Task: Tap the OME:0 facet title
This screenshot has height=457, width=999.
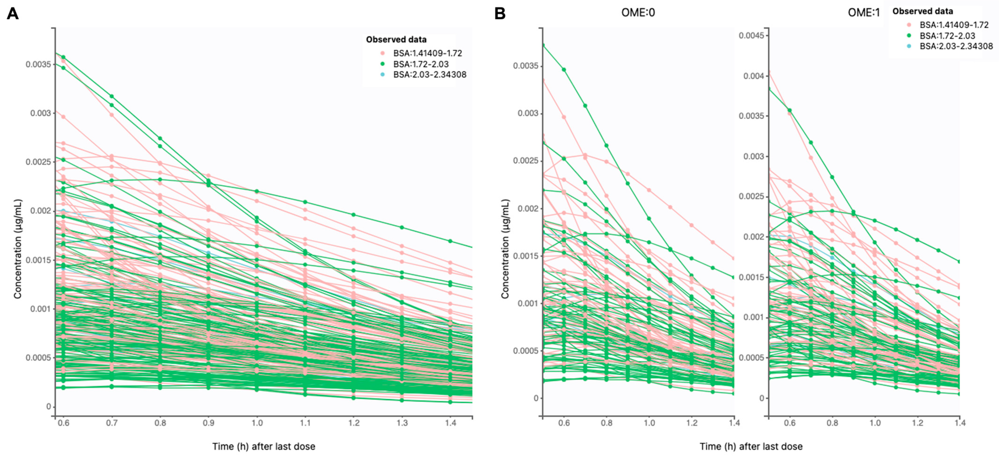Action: [638, 13]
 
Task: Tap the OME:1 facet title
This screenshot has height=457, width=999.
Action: [864, 13]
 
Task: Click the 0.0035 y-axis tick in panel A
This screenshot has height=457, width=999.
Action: [38, 64]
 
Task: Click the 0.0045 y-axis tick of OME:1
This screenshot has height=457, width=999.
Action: [751, 36]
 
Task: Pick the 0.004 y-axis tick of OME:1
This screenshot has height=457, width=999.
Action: [754, 76]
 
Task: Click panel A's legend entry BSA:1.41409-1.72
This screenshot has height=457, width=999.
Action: [427, 53]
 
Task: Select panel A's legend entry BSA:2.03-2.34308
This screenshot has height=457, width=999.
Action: [430, 75]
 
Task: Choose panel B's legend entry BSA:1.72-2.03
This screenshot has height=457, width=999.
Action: [947, 36]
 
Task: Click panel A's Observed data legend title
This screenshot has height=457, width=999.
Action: [396, 40]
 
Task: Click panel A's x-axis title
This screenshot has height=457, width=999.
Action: [264, 446]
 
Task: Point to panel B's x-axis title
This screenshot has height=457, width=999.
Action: [751, 446]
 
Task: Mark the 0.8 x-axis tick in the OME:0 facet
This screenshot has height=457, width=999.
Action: [607, 423]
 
